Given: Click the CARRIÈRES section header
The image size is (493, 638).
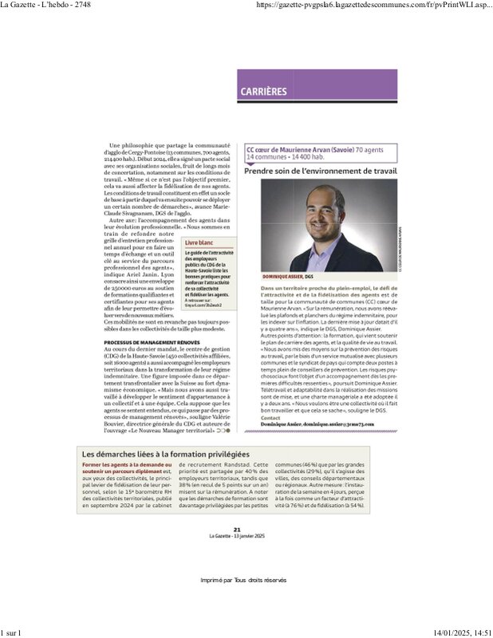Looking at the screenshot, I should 264,92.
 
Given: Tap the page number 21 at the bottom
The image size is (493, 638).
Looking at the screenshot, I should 236,529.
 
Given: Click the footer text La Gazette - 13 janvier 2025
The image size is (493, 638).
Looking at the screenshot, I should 236,535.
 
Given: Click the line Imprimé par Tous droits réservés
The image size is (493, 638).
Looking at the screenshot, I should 243,580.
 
